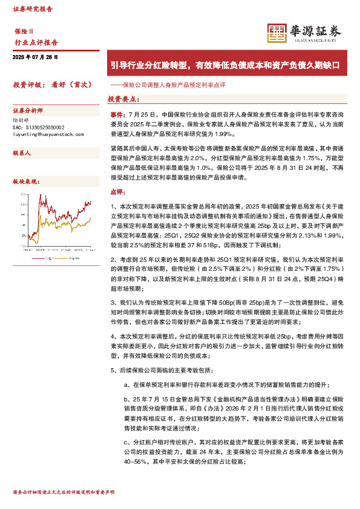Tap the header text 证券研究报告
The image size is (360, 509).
point(33,10)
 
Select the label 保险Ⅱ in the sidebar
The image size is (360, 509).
point(24,30)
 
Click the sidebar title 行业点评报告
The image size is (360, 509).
point(36,42)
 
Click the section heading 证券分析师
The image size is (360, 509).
point(28,111)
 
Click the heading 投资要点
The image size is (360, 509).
point(124,99)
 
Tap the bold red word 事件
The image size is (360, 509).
point(117,114)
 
